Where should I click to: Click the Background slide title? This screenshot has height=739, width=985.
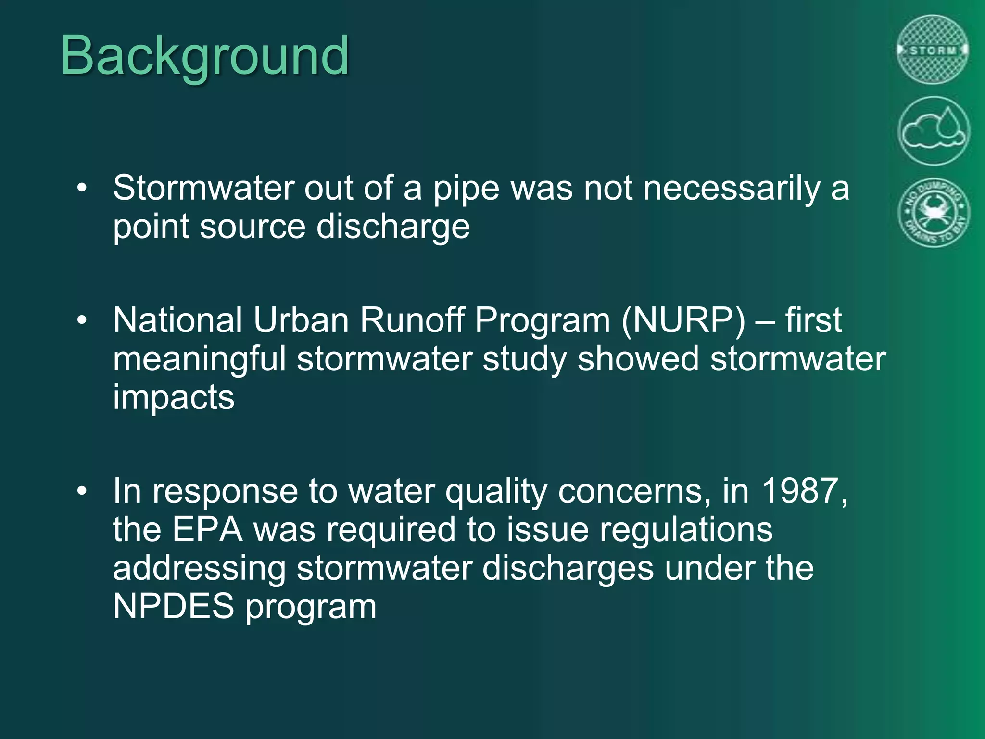[204, 57]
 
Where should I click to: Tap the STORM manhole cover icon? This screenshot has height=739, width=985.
[933, 50]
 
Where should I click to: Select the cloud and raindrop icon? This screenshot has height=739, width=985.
[933, 131]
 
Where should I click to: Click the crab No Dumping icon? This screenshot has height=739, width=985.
[933, 212]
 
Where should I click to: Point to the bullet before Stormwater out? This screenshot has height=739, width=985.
[82, 188]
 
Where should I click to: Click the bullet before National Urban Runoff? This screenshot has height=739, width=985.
[82, 320]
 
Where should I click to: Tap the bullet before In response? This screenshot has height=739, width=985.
[82, 491]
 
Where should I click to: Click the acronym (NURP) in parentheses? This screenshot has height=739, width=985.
[683, 320]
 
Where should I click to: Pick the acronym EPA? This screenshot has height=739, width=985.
[207, 530]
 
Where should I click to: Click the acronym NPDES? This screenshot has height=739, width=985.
[173, 606]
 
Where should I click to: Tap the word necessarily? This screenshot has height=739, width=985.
[732, 188]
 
